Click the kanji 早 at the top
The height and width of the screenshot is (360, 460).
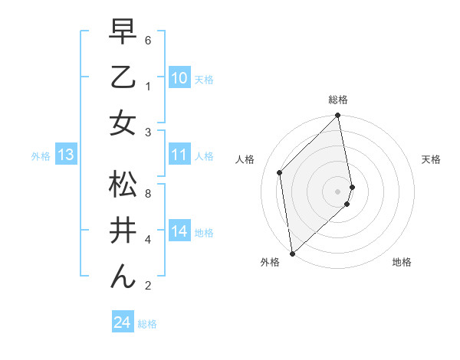pyautogui.click(x=123, y=33)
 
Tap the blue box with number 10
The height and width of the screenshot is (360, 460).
pyautogui.click(x=179, y=78)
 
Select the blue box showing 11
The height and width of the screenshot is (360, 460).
pyautogui.click(x=179, y=155)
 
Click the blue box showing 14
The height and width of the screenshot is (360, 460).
pyautogui.click(x=179, y=231)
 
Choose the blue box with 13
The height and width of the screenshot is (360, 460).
pyautogui.click(x=65, y=155)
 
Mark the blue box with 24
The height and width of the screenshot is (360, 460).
pyautogui.click(x=122, y=322)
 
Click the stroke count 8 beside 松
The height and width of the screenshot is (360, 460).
pyautogui.click(x=148, y=193)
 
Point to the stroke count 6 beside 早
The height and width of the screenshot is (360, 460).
pyautogui.click(x=148, y=39)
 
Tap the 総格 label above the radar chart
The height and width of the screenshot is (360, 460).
pyautogui.click(x=338, y=100)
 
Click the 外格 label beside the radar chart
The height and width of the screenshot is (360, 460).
pyautogui.click(x=270, y=262)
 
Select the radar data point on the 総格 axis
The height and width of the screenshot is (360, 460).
pyautogui.click(x=338, y=116)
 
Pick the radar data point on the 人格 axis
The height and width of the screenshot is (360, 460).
pyautogui.click(x=280, y=172)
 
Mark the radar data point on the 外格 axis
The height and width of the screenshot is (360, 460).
pyautogui.click(x=292, y=253)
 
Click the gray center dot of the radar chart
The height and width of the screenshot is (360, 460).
pyautogui.click(x=338, y=191)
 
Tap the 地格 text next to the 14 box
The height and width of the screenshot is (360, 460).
pyautogui.click(x=204, y=233)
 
